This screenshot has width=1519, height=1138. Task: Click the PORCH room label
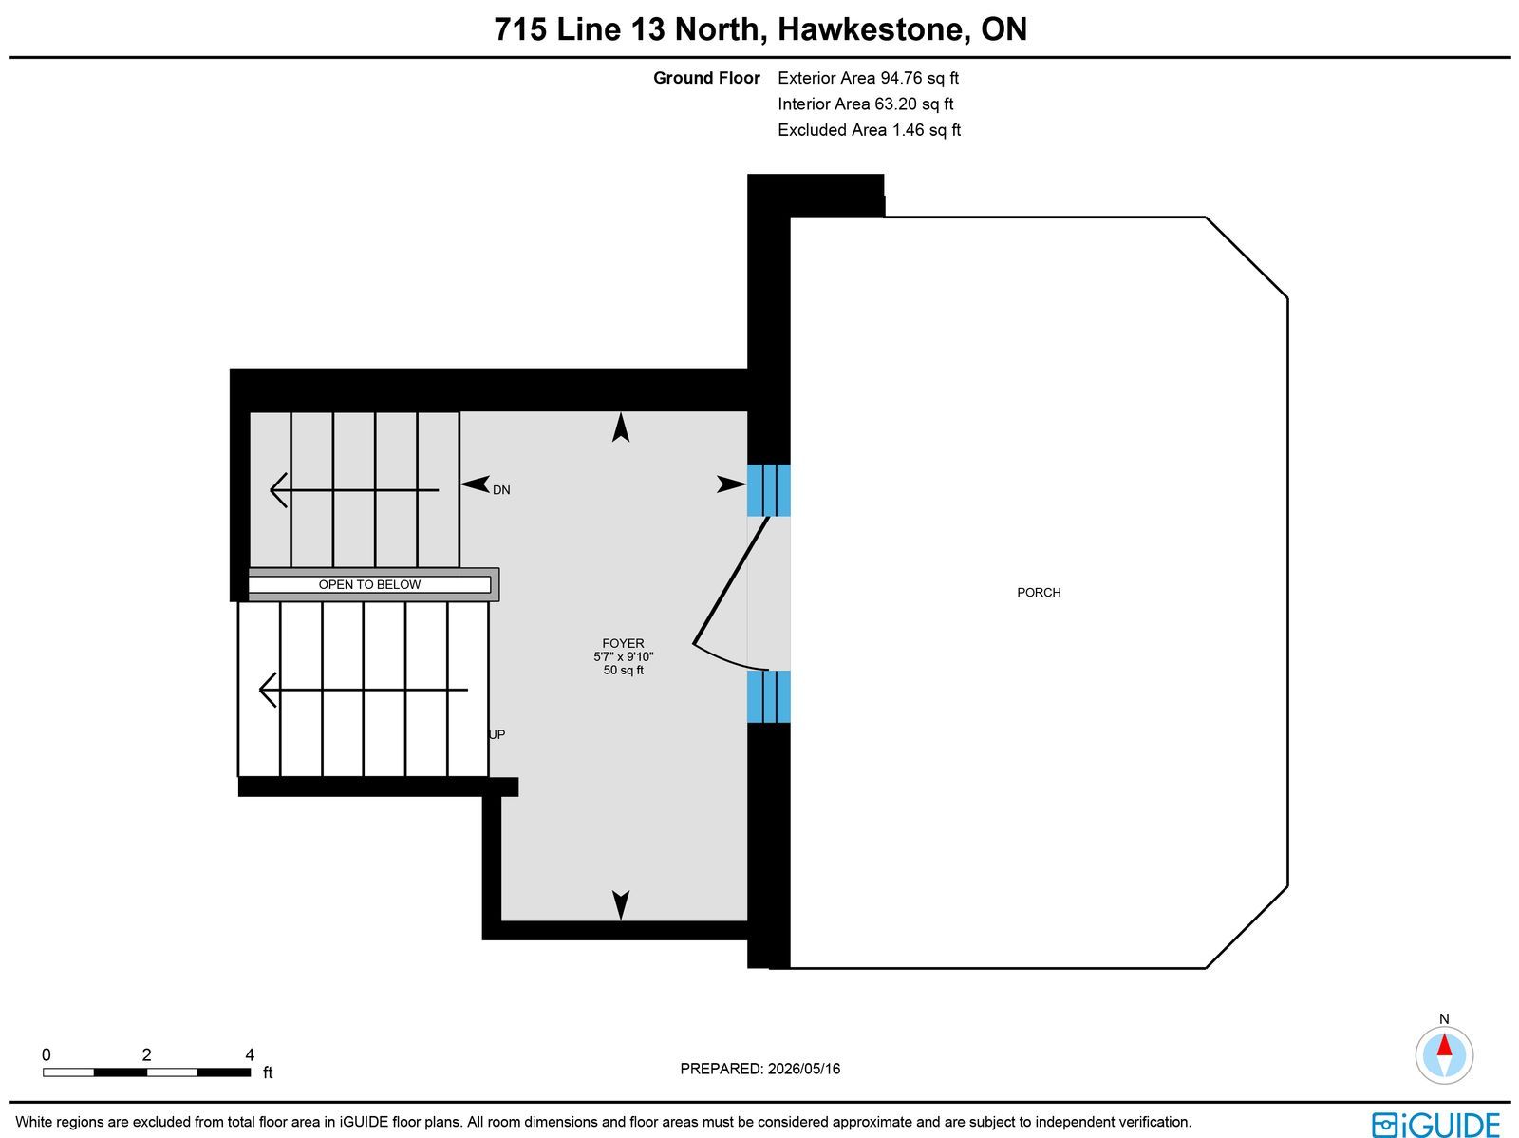1038,593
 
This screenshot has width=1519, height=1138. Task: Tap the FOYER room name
623,644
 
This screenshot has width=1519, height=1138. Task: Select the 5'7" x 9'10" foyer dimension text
623,657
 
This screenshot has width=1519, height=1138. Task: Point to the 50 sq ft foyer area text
623,670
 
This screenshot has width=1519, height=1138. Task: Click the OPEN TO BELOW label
369,585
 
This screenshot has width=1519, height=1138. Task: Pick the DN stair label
501,490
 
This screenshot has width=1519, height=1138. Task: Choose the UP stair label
497,734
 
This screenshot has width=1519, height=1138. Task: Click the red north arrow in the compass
1444,1045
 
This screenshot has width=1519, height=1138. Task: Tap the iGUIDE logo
1435,1124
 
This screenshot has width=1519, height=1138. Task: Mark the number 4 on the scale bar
250,1055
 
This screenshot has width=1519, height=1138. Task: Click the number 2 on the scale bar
147,1055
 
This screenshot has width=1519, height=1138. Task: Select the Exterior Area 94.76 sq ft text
868,78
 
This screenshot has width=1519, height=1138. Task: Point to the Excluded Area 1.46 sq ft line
870,130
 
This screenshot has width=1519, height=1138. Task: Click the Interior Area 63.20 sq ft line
865,104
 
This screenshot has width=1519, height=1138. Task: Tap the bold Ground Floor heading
706,78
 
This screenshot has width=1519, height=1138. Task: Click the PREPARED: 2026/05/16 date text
759,1069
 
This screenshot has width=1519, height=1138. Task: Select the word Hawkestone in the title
870,29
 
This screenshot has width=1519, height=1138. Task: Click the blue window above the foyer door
768,490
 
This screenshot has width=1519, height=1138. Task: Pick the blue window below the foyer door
768,696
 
